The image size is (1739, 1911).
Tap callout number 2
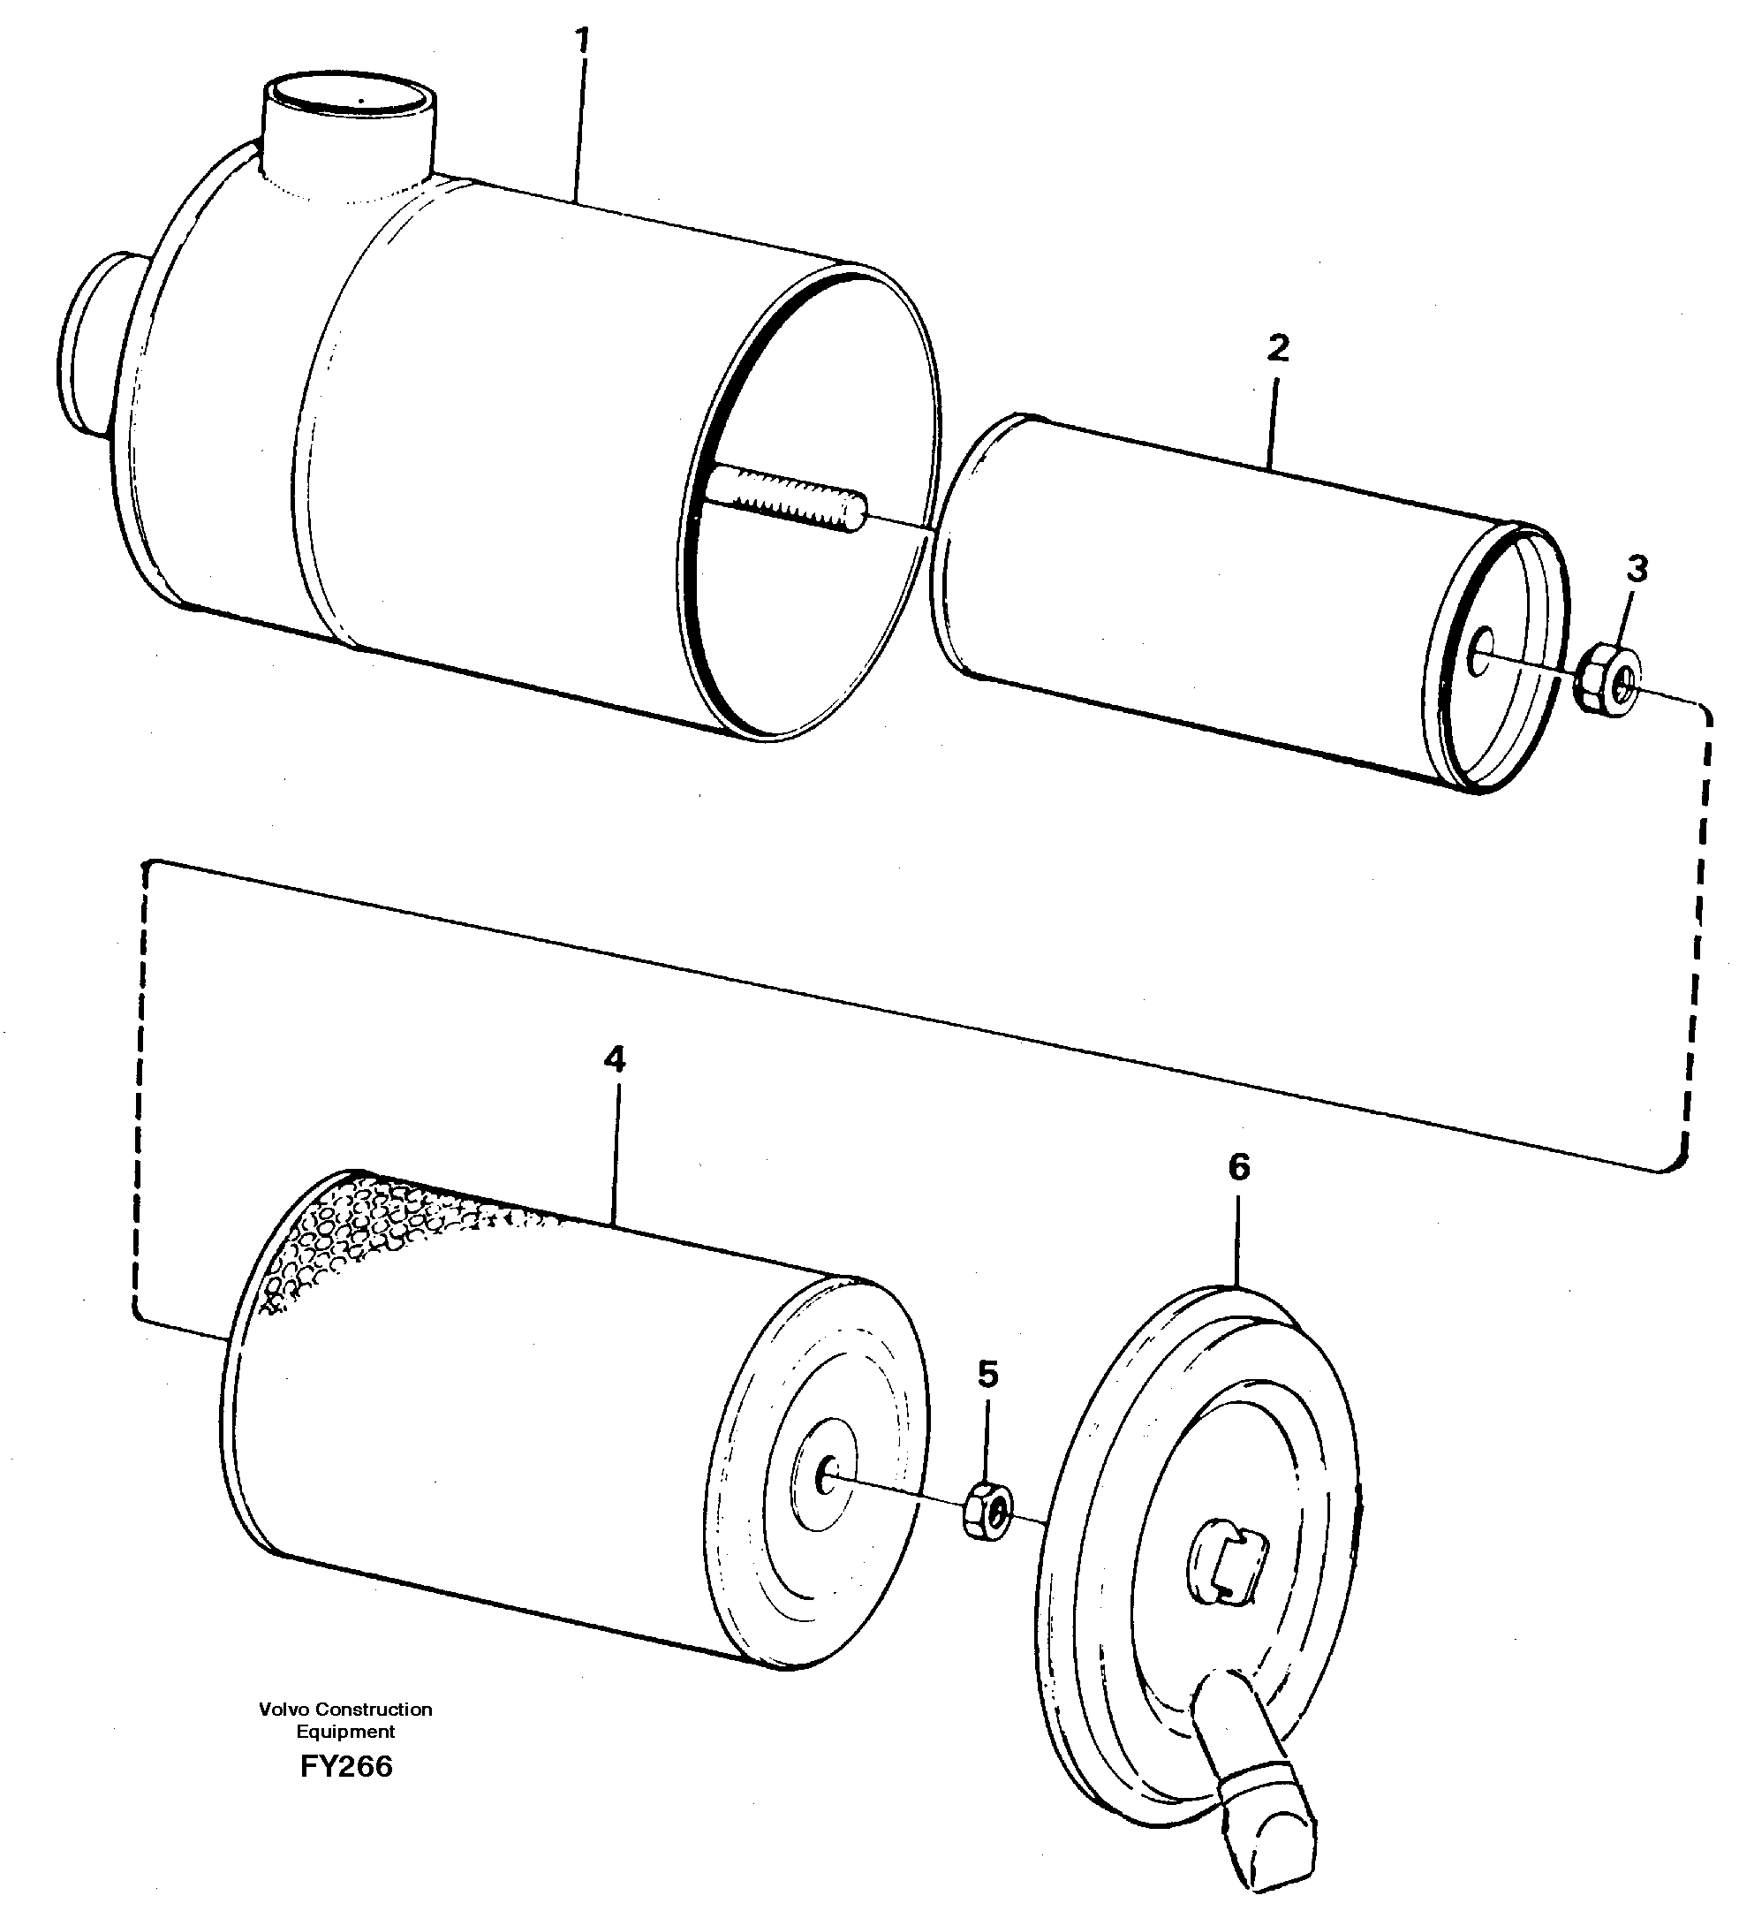click(x=1277, y=349)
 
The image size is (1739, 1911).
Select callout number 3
click(x=1637, y=570)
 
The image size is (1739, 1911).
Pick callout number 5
click(x=987, y=1374)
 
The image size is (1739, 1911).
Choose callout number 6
click(x=1238, y=1168)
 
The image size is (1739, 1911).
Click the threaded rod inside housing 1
click(x=787, y=498)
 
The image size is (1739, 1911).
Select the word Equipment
click(x=345, y=1732)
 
